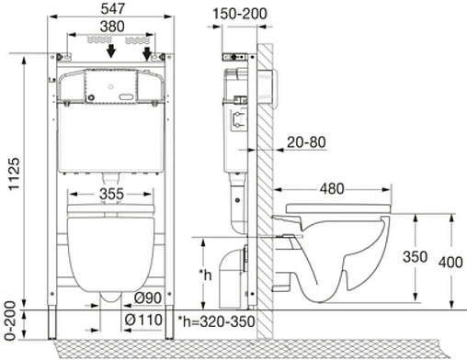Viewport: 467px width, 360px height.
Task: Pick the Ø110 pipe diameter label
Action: click(x=144, y=319)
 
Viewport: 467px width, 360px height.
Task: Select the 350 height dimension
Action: click(x=416, y=258)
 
